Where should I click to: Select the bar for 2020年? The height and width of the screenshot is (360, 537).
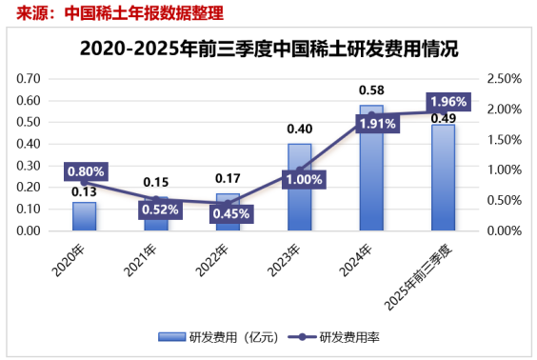(84, 216)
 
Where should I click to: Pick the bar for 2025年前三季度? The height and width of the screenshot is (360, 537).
(443, 181)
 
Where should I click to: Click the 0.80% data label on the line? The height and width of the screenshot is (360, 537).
(86, 172)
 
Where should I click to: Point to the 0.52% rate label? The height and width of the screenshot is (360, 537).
(156, 210)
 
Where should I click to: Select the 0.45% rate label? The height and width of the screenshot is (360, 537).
(228, 213)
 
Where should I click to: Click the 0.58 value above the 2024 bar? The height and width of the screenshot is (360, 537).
(371, 90)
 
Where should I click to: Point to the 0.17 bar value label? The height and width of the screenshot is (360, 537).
(228, 178)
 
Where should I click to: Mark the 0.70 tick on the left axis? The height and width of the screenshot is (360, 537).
(30, 78)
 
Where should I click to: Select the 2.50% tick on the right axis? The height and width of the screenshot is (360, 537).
(504, 78)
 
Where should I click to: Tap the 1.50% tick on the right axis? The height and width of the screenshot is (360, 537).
(504, 140)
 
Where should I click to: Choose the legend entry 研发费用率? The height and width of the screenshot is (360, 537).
(348, 336)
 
